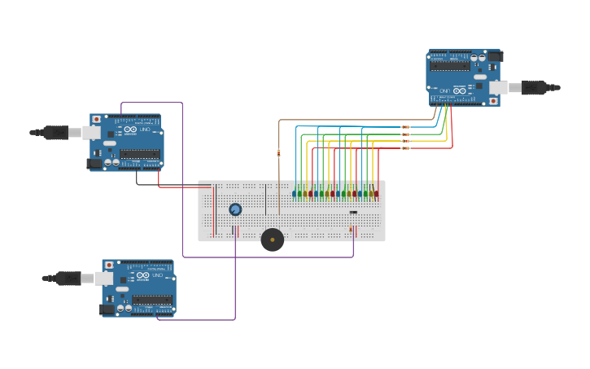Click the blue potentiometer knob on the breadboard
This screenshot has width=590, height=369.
[x=235, y=209]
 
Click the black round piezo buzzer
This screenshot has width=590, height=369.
[x=272, y=239]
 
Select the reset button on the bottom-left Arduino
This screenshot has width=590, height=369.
[x=108, y=266]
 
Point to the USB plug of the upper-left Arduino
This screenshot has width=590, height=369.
[x=55, y=132]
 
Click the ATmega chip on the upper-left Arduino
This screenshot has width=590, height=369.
[x=139, y=153]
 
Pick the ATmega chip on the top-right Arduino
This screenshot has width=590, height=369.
[x=450, y=66]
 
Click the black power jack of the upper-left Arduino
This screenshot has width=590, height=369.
[x=95, y=164]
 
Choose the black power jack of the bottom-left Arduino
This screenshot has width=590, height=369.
[x=107, y=310]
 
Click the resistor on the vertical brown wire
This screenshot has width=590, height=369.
[x=279, y=152]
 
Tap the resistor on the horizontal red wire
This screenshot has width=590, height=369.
[x=405, y=148]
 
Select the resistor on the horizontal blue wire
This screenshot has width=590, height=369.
[x=405, y=127]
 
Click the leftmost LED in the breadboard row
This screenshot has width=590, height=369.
[x=294, y=194]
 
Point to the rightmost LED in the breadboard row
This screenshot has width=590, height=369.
[x=376, y=194]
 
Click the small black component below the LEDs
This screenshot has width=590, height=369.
[x=353, y=213]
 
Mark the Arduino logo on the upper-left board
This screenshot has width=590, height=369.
[x=130, y=130]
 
